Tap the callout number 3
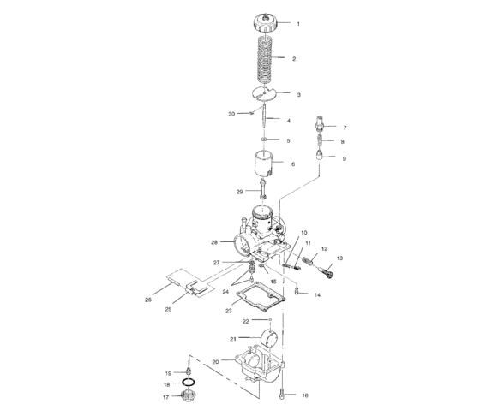[298, 94]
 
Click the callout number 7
[345, 126]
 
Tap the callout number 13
[339, 258]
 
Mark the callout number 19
[169, 372]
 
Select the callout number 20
[215, 361]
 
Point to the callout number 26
[148, 300]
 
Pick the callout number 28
[214, 242]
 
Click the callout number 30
[231, 113]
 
